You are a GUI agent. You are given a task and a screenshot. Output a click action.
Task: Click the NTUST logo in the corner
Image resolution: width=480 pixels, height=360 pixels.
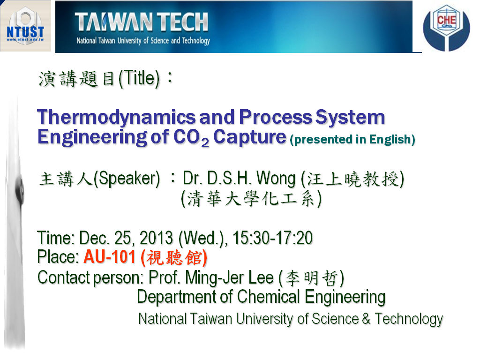click(x=25, y=26)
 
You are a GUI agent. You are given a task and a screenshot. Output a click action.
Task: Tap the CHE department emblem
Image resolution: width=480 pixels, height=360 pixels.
click(x=446, y=28)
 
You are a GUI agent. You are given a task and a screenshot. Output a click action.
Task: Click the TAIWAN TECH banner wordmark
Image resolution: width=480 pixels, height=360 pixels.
click(x=142, y=22)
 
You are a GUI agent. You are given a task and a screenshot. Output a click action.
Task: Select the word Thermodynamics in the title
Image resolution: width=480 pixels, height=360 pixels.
click(x=116, y=118)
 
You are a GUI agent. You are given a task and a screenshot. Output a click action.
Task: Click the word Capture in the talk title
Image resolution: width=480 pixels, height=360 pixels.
click(x=249, y=137)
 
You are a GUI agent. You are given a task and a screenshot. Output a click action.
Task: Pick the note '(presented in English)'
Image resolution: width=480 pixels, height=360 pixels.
click(x=352, y=140)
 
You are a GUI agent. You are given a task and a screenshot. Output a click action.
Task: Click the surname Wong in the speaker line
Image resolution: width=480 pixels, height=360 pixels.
click(x=276, y=179)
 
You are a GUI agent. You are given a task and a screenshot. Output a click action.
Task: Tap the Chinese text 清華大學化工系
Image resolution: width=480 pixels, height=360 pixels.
click(x=251, y=199)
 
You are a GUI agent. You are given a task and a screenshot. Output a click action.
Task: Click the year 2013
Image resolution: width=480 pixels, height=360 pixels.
click(x=156, y=238)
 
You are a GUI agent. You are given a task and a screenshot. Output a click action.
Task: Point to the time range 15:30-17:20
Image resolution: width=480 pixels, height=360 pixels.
click(x=273, y=238)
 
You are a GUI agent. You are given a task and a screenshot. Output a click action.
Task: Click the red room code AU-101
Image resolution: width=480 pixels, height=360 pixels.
click(x=110, y=256)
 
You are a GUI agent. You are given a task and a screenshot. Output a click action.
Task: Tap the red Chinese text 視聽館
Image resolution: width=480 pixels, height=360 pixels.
click(x=174, y=257)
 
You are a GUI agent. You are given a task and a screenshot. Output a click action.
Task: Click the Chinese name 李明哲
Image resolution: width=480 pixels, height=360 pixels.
click(x=311, y=278)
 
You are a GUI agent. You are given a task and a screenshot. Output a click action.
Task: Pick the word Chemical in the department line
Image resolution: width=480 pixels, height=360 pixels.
click(x=269, y=297)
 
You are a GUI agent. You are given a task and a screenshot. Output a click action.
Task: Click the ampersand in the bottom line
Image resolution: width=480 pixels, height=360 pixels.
click(x=366, y=319)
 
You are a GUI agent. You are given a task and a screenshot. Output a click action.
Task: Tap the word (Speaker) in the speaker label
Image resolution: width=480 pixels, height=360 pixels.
click(x=127, y=179)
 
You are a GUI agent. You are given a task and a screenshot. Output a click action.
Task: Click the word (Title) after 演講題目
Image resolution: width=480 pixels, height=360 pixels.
click(x=139, y=79)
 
